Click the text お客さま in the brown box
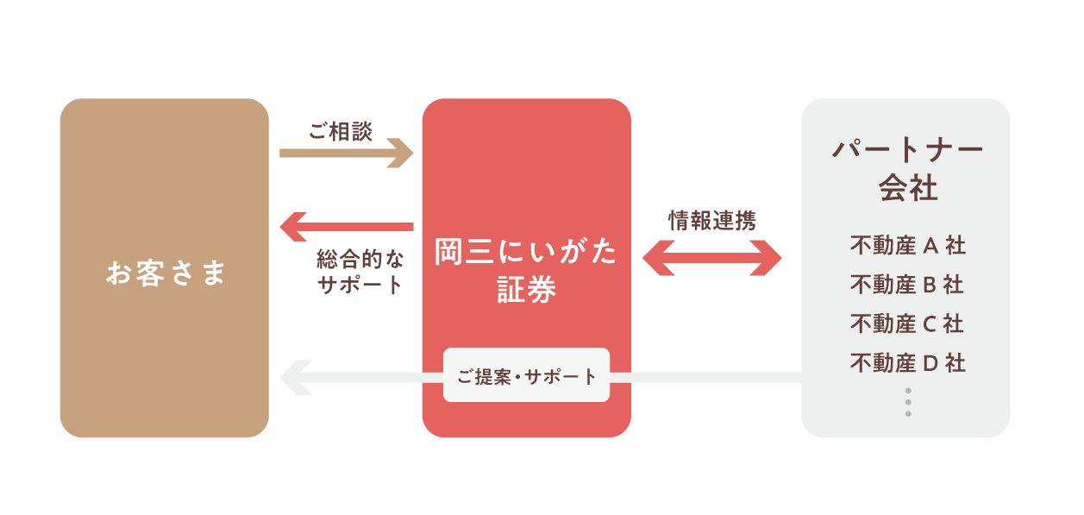coord(165,273)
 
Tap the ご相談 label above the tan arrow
coord(341,132)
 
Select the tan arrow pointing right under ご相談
coord(345,154)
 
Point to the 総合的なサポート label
coord(360,272)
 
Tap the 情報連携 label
coord(711,221)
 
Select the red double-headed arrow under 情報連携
coord(712,257)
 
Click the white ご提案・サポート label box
coord(526,375)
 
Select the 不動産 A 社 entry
coord(907,246)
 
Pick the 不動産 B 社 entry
coord(907,285)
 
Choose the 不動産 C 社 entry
coord(907,323)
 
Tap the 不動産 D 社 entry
coord(907,363)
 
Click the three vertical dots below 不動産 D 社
coord(908,403)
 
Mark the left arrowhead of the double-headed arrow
coord(657,257)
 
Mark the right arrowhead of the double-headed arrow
coord(768,257)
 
